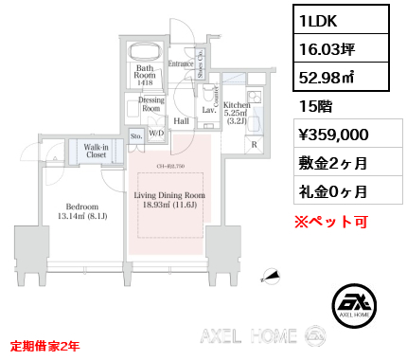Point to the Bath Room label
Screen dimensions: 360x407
click(145, 72)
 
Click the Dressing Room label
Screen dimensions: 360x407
click(151, 103)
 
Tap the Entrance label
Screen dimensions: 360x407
click(181, 63)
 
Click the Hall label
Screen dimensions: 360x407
click(181, 121)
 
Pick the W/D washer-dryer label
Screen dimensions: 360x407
click(154, 134)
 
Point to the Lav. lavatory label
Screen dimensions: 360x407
click(208, 111)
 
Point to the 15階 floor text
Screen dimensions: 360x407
click(311, 105)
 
